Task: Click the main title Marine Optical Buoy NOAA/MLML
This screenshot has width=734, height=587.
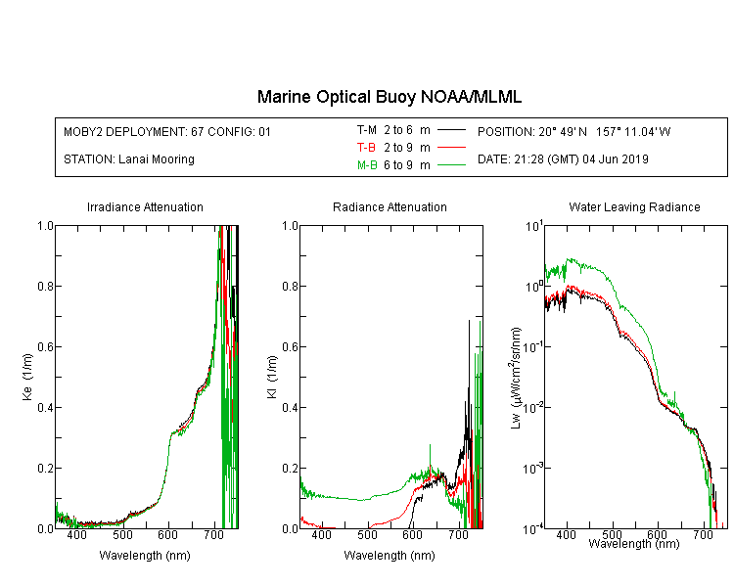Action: pyautogui.click(x=389, y=97)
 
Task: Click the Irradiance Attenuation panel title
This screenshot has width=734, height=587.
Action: pyautogui.click(x=145, y=207)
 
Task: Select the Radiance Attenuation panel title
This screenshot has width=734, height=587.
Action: pyautogui.click(x=390, y=207)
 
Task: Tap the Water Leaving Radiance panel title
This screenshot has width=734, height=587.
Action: pyautogui.click(x=634, y=207)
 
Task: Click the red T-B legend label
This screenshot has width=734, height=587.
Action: pyautogui.click(x=366, y=148)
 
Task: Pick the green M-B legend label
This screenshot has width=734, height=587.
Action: pyautogui.click(x=367, y=165)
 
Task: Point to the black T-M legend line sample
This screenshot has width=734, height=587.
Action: pyautogui.click(x=451, y=130)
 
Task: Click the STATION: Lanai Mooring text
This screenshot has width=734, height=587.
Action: pyautogui.click(x=129, y=159)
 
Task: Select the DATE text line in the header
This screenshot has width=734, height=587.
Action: pyautogui.click(x=563, y=159)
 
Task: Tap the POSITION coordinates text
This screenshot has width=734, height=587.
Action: pyautogui.click(x=573, y=132)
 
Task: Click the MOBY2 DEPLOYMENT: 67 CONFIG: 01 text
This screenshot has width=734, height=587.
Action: pyautogui.click(x=167, y=132)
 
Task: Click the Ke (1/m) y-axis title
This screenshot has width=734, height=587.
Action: pyautogui.click(x=27, y=378)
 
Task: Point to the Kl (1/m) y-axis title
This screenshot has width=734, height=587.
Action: pyautogui.click(x=272, y=378)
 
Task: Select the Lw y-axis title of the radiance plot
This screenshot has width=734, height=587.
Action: pyautogui.click(x=516, y=378)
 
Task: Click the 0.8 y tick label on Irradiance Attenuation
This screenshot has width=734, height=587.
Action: pyautogui.click(x=45, y=286)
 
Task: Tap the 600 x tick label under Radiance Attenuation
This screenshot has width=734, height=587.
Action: pyautogui.click(x=412, y=534)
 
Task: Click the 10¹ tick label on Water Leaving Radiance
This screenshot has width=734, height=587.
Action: pyautogui.click(x=534, y=226)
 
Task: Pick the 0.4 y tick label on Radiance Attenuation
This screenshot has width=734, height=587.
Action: pyautogui.click(x=291, y=408)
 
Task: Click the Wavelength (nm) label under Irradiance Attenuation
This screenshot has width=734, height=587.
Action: pyautogui.click(x=145, y=556)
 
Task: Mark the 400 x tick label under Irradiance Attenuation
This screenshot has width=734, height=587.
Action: pyautogui.click(x=76, y=534)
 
